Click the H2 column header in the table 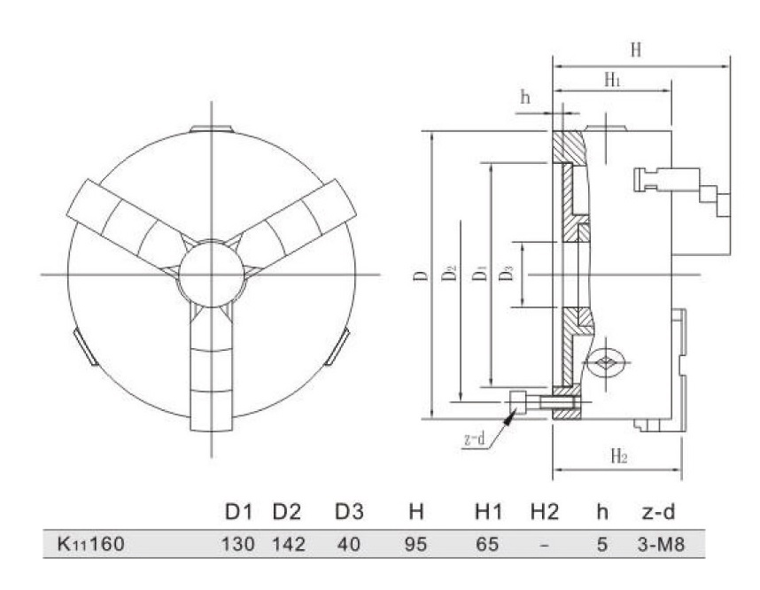pyautogui.click(x=545, y=513)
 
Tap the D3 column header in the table pyautogui.click(x=349, y=513)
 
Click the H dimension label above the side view pyautogui.click(x=635, y=50)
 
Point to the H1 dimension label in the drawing pyautogui.click(x=612, y=80)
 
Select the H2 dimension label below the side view pyautogui.click(x=619, y=457)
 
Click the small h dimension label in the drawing pyautogui.click(x=525, y=97)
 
